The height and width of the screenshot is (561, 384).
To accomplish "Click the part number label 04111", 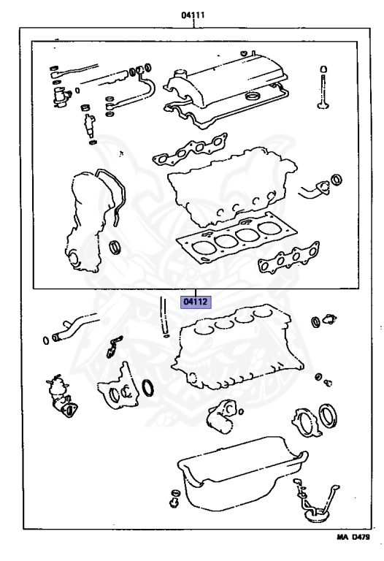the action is (193, 15).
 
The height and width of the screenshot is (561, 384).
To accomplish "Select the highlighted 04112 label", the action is (196, 302).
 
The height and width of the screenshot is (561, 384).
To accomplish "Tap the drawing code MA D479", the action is (353, 537).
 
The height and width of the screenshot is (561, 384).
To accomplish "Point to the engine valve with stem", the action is (323, 87).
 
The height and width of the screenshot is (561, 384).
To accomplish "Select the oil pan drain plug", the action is (174, 497).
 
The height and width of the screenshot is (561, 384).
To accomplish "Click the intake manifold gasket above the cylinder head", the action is (190, 150).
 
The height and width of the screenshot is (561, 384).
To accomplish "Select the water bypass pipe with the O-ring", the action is (72, 329).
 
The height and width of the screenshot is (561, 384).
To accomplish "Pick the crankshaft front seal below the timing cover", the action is (115, 248).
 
